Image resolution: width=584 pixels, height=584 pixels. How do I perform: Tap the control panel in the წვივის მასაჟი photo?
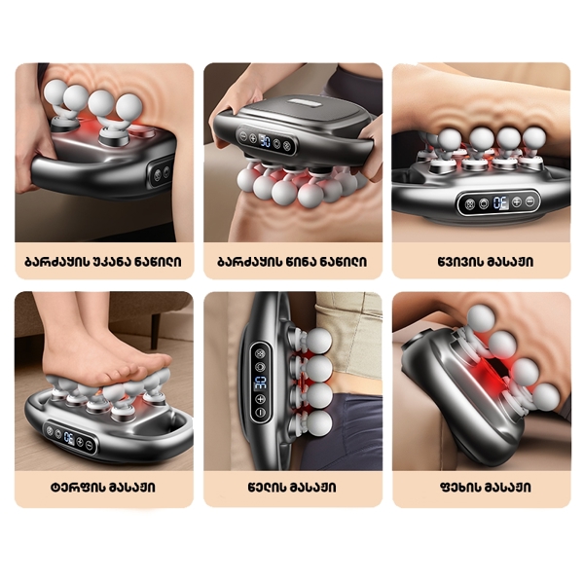[x=496, y=203]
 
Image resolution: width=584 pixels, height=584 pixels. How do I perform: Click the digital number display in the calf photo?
[x=497, y=203]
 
